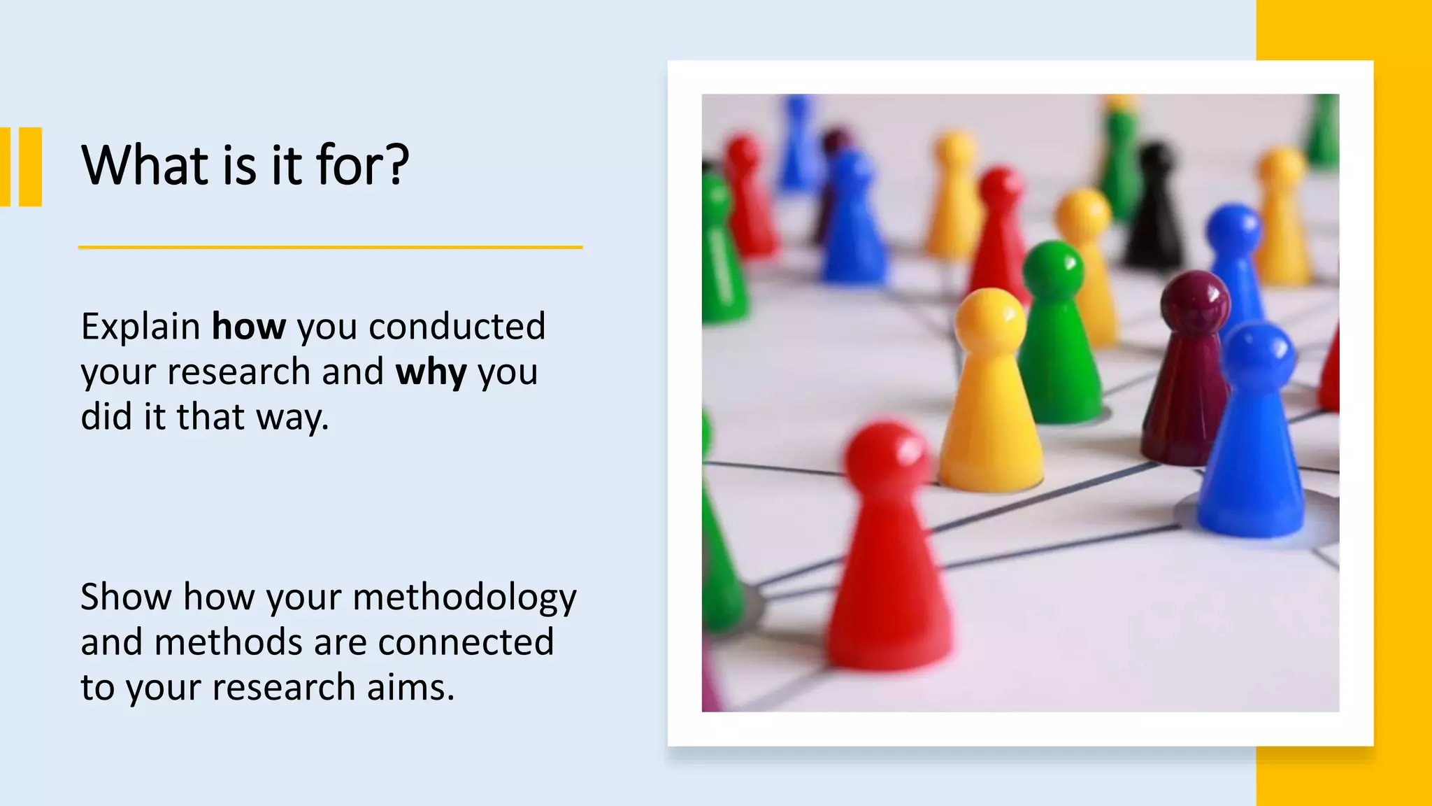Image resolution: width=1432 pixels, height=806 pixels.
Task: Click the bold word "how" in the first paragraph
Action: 249,327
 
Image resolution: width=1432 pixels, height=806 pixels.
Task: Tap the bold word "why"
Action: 431,372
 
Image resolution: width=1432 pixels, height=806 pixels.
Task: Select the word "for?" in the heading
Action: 362,166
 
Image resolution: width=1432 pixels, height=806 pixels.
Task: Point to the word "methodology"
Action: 464,598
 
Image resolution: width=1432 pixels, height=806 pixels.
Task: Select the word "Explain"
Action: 141,327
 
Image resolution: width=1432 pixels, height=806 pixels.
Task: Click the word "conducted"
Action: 457,327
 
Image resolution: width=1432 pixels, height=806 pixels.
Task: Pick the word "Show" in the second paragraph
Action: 126,598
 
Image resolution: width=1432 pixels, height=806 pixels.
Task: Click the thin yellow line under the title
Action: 330,247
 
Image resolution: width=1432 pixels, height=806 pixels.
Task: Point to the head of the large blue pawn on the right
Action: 1259,353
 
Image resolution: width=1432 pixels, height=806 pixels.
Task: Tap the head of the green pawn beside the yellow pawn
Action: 1053,269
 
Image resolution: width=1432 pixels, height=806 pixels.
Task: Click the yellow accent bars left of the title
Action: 21,167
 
